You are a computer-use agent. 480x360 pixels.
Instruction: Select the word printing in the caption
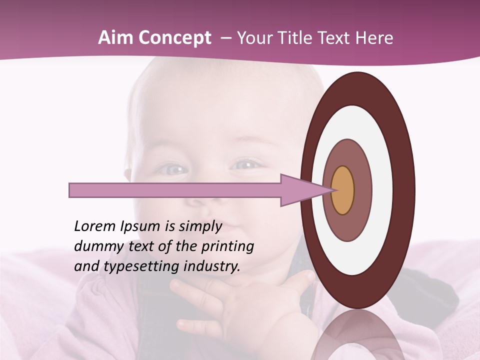(x=227, y=246)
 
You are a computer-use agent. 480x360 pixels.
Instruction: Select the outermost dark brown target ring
(x=405, y=190)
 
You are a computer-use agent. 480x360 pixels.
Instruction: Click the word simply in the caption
(x=200, y=226)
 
